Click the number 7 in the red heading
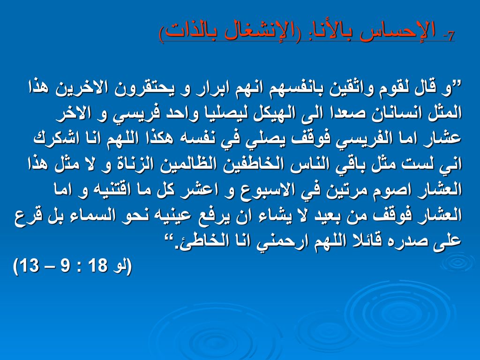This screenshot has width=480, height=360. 450,36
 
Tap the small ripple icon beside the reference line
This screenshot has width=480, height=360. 457,261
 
